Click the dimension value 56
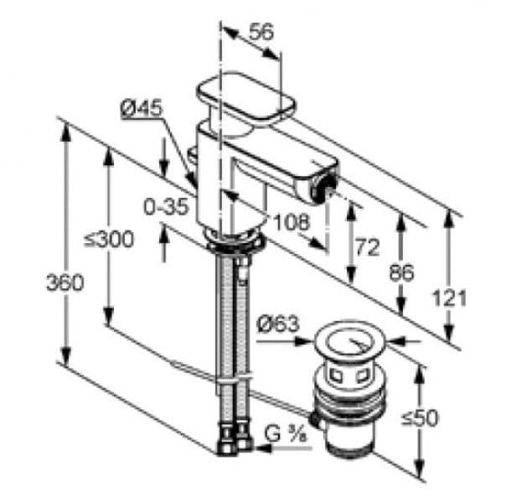[x=261, y=32]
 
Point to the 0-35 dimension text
[x=163, y=207]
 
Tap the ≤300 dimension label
[x=108, y=240]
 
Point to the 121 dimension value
[x=451, y=296]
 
